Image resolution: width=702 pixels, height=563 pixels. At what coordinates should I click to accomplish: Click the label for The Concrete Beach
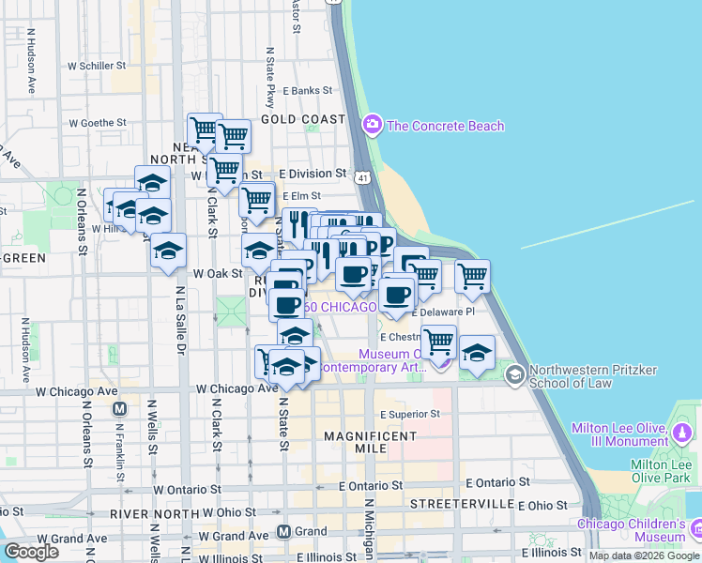(446, 126)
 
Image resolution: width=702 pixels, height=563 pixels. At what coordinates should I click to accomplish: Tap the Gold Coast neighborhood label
(303, 119)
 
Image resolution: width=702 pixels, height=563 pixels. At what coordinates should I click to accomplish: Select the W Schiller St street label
(97, 66)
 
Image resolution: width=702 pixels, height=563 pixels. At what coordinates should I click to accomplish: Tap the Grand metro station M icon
(283, 532)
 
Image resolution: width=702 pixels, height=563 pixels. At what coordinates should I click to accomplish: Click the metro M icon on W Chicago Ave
(119, 409)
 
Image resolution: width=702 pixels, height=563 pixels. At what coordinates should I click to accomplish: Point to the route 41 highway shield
(361, 175)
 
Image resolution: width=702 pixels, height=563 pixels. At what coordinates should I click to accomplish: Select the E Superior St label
(409, 413)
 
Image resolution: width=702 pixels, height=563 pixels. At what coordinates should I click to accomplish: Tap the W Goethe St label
(98, 123)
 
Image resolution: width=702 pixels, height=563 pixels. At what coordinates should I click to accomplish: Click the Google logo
(31, 552)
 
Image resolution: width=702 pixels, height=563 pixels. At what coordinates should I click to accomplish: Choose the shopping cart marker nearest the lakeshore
(472, 276)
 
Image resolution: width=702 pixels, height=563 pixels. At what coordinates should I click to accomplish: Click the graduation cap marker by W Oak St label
(258, 250)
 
